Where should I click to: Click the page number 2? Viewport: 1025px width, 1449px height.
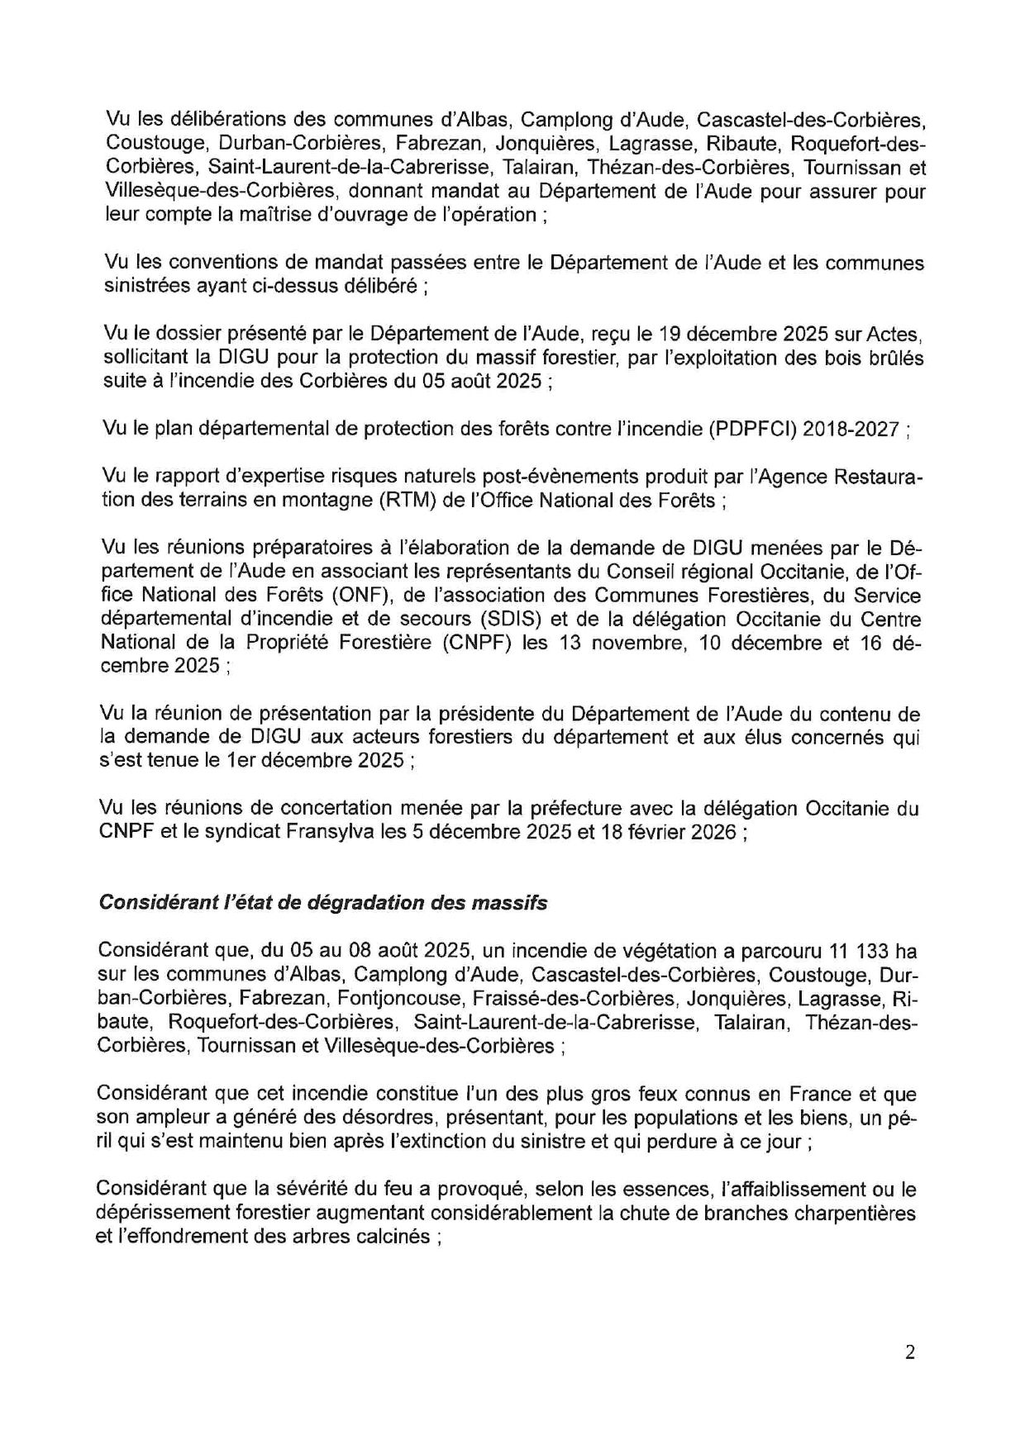tap(910, 1352)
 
